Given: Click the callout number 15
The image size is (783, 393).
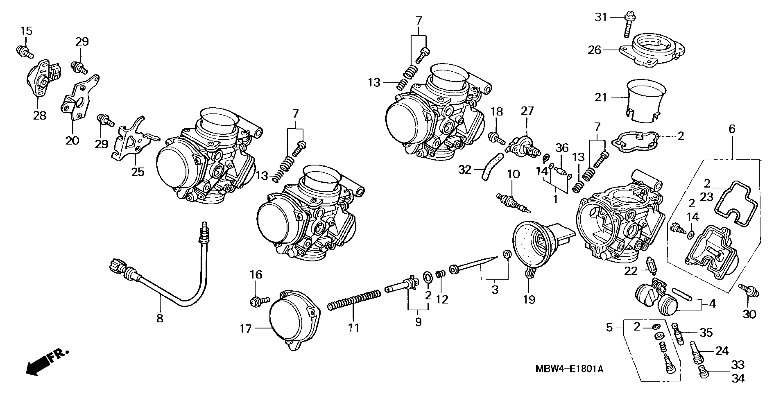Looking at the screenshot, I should [26, 31].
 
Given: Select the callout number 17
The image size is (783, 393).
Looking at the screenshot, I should [246, 329].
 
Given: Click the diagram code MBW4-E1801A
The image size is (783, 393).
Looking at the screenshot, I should [569, 369].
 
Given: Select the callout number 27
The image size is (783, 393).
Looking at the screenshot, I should [527, 111].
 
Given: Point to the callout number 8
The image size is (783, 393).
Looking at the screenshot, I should [160, 319].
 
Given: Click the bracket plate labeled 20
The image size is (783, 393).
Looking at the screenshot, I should [78, 97].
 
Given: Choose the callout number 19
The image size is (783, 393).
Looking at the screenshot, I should [529, 300].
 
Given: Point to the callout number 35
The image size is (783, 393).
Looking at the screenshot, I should [706, 333].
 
